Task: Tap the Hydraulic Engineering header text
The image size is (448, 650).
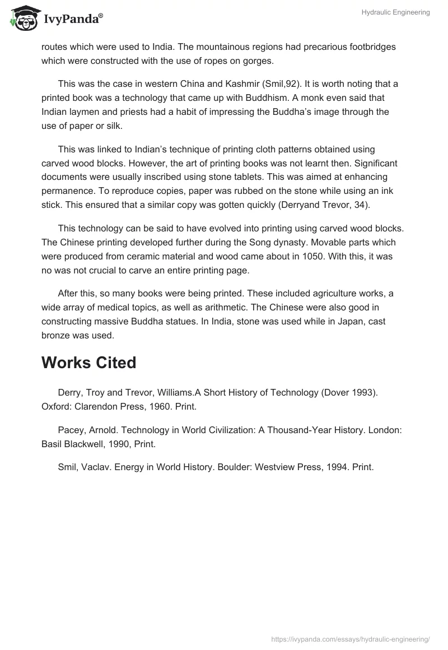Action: tap(395, 13)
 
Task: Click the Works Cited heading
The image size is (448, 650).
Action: tap(88, 363)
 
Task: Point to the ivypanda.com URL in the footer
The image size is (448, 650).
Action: tap(351, 639)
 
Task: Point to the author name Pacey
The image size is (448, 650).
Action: tap(70, 430)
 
